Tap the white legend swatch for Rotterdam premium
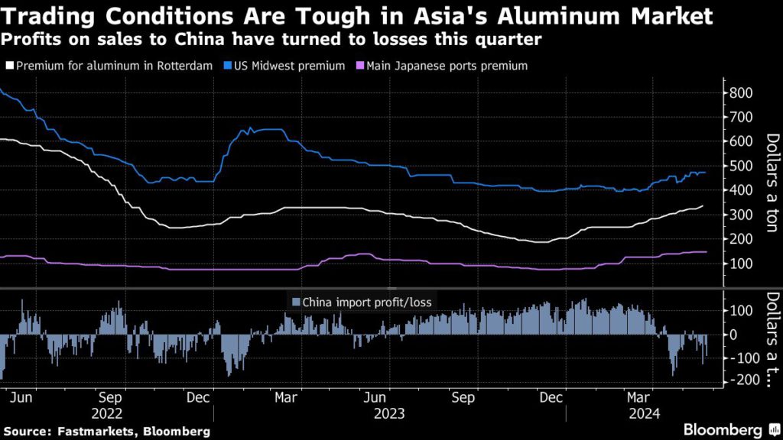8,66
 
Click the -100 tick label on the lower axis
740,357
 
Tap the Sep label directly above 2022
112,398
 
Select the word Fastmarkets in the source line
84,432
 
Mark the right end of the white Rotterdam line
703,206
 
